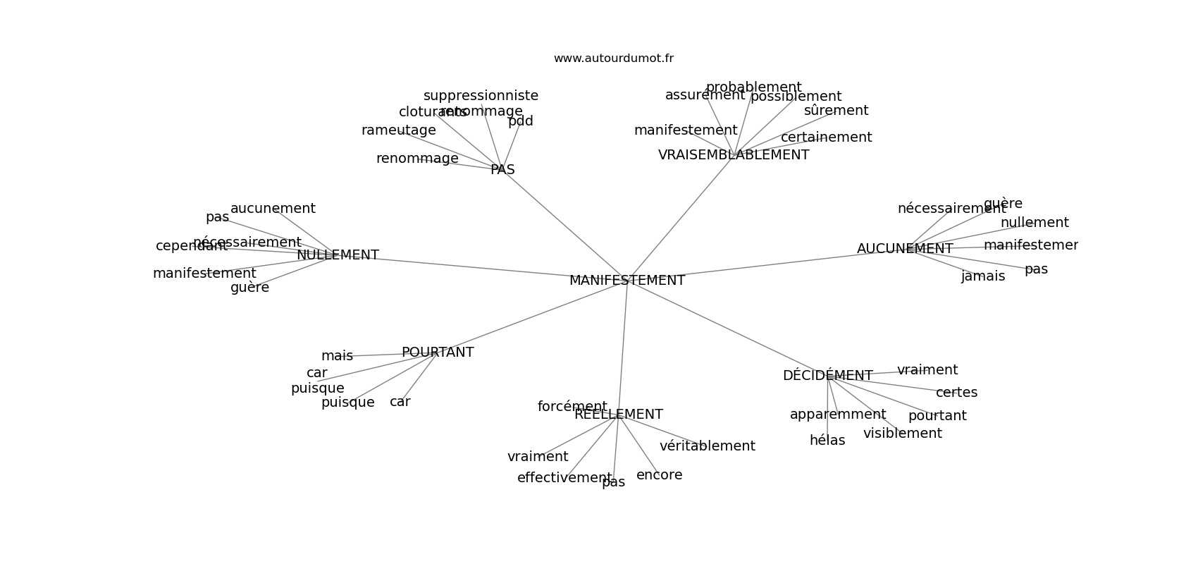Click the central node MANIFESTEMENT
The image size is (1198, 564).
point(626,281)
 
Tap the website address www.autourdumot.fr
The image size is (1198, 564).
point(613,59)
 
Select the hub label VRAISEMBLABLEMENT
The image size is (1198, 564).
point(733,155)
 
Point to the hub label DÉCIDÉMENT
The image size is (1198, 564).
point(827,376)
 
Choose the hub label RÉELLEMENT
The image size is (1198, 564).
point(618,415)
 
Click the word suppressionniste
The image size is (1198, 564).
point(481,96)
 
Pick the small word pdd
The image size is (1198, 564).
point(520,121)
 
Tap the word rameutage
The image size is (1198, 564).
point(398,130)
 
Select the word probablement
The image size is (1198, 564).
point(753,87)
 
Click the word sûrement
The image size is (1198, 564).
point(836,111)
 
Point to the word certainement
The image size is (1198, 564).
point(826,137)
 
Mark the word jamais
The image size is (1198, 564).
point(982,276)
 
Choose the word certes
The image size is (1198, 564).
point(956,393)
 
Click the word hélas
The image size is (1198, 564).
point(827,441)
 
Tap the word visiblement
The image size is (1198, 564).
point(902,434)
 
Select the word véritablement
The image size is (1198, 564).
point(707,446)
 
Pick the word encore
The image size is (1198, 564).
point(659,475)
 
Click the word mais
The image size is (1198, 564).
point(337,356)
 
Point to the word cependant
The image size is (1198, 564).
point(191,246)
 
